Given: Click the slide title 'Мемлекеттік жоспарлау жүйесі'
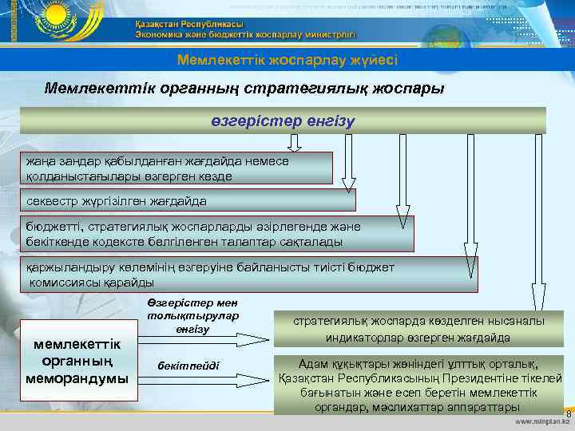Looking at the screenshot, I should pos(287,60).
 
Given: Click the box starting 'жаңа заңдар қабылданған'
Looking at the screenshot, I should pos(176,168).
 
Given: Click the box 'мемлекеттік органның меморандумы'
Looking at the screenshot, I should pos(77,360).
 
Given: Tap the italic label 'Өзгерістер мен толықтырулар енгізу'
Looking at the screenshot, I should pos(192,315).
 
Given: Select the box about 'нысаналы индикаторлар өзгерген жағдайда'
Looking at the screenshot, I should pos(418,329).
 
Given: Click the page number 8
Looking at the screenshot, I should pos(568,413).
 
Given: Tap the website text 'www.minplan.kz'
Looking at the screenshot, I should pos(543,421).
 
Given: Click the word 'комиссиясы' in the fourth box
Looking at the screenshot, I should pos(67,282).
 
